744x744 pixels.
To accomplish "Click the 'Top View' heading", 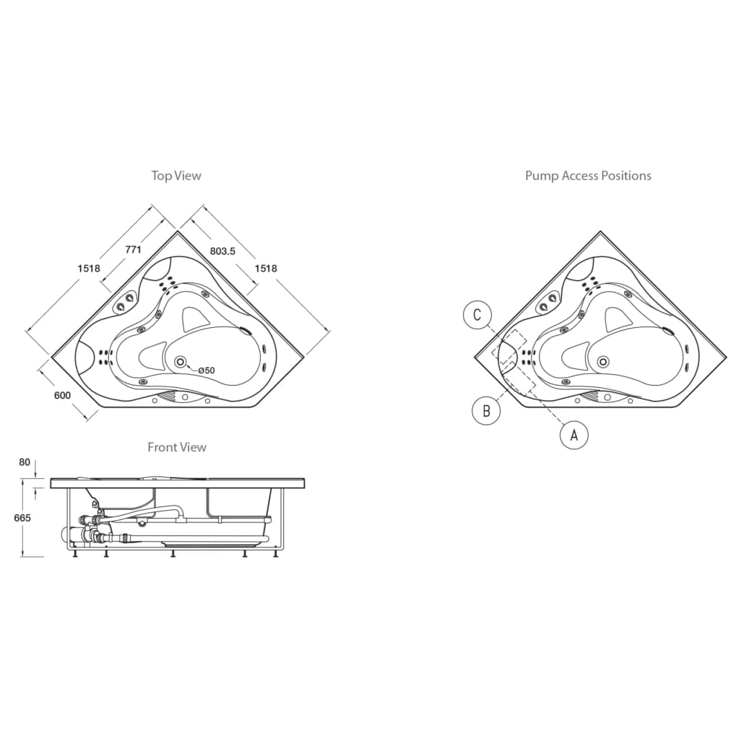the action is click(176, 176).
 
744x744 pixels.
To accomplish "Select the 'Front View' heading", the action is click(177, 447).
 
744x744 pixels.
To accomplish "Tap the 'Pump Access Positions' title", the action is click(588, 176).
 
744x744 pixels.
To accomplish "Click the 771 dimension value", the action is click(133, 249).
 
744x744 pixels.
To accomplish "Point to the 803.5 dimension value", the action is click(222, 251).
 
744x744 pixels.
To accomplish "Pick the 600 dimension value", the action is click(62, 395).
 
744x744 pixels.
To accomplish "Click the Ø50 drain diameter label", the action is click(207, 370).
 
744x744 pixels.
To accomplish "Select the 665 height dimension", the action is click(22, 518).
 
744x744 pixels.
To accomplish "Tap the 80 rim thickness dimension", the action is click(25, 462).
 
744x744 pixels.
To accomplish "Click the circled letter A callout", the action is click(574, 435).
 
